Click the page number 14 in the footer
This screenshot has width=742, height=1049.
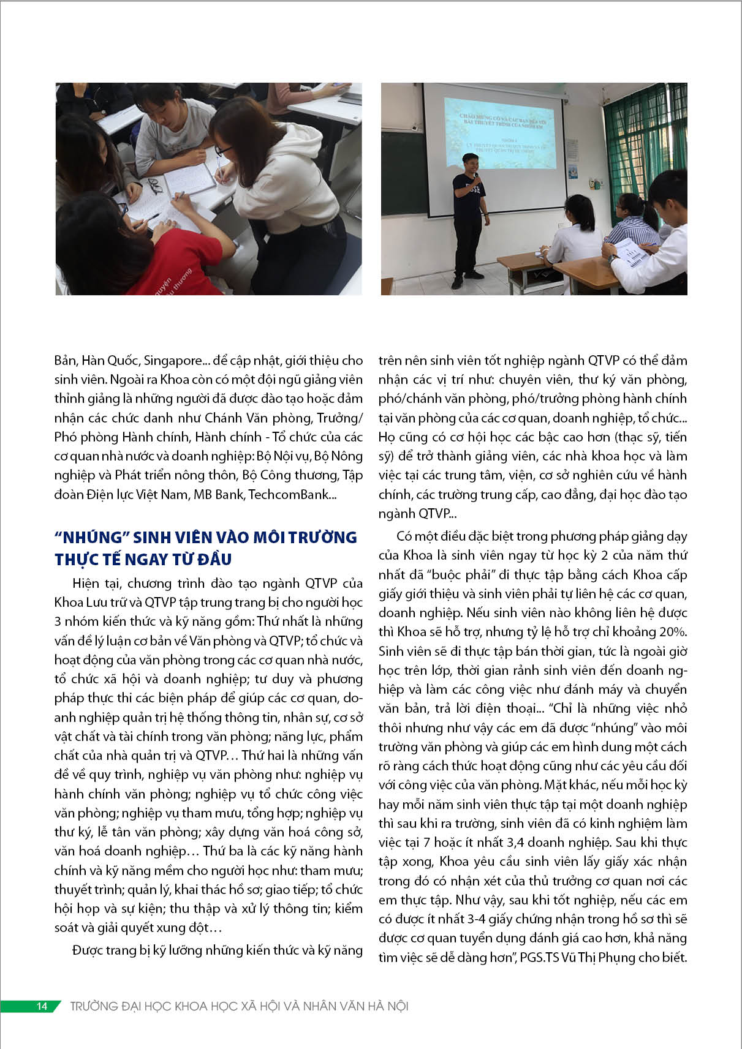[x=42, y=1006]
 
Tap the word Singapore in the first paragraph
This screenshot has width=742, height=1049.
[x=173, y=361]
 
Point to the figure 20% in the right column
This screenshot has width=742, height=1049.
[x=672, y=632]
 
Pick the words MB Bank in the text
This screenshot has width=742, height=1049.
[x=218, y=494]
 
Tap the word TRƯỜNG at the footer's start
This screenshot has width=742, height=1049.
[x=94, y=1006]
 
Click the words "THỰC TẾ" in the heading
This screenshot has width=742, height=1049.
[x=87, y=559]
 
